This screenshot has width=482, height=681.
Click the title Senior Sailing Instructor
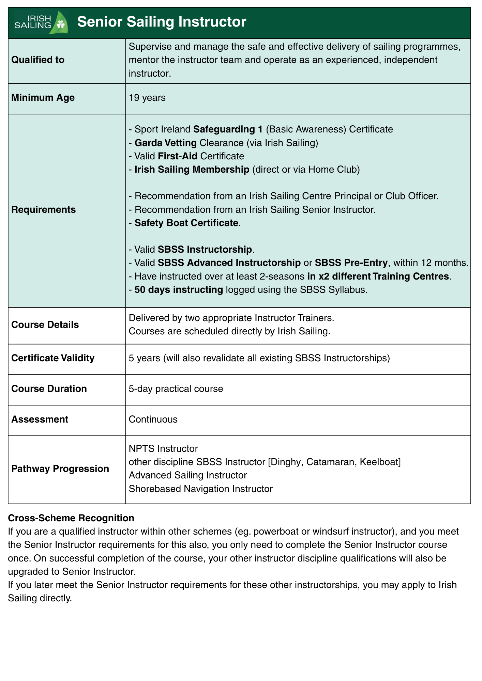pos(162,22)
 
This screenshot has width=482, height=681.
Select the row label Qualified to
pos(38,60)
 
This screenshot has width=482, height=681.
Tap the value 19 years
pos(147,98)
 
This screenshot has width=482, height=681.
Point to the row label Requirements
pos(44,210)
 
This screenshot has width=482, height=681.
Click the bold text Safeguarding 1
pos(228,129)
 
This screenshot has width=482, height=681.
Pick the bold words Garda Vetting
pos(166,143)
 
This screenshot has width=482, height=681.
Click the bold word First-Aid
pos(178,156)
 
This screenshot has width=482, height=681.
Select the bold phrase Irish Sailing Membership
pos(192,170)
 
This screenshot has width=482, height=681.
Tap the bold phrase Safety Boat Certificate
pos(186,223)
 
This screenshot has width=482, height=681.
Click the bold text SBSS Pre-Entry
pos(351,263)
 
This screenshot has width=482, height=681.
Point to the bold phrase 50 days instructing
pos(179,290)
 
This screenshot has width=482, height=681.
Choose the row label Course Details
pos(45,325)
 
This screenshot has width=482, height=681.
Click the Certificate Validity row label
pos(53,358)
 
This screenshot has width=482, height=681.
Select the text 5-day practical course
pos(176,389)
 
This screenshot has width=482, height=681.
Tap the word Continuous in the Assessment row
pos(153,419)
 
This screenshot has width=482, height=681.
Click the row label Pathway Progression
pos(60,469)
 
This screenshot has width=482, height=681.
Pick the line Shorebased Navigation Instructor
pos(201,489)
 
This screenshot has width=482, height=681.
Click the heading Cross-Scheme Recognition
pos(71,518)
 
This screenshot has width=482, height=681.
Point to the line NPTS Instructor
pos(163,448)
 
